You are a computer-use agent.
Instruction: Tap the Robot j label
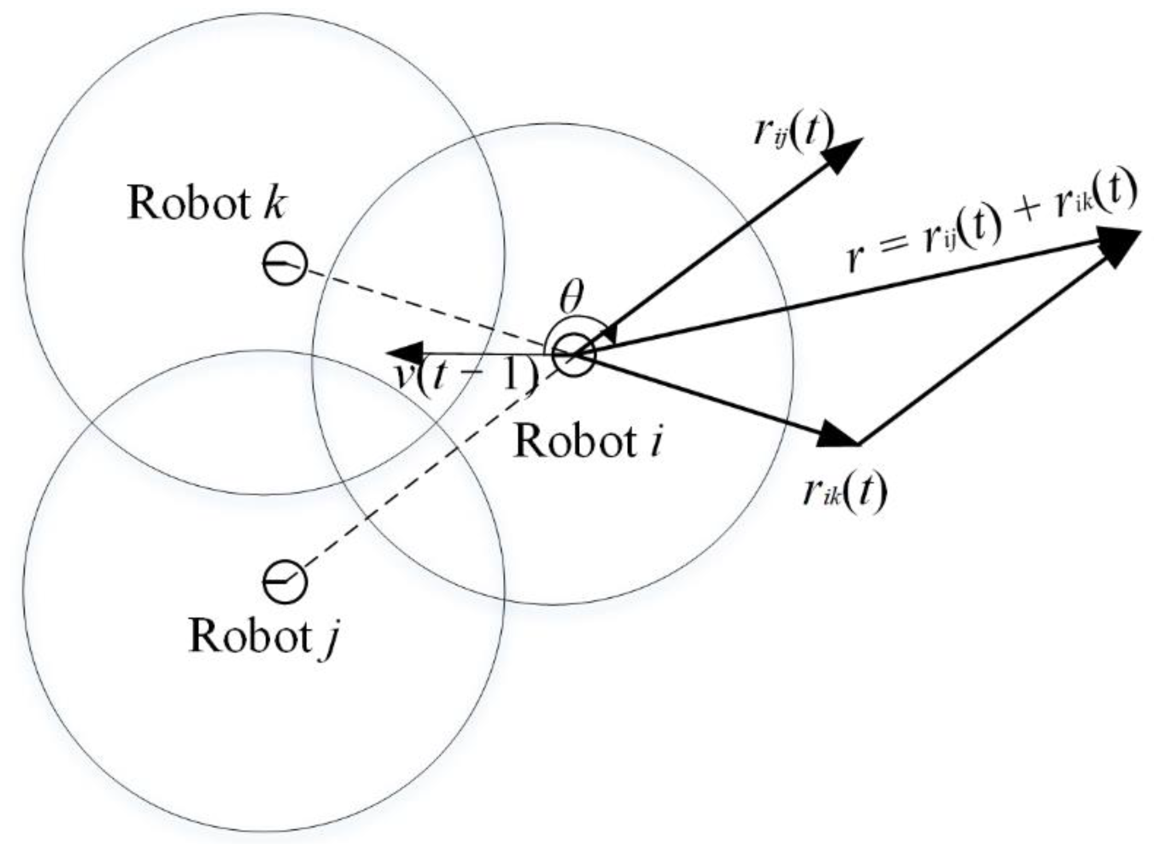pos(264,637)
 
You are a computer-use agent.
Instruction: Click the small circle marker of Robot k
pos(285,264)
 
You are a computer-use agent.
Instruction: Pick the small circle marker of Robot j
pos(285,582)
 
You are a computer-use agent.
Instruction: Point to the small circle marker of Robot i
pos(574,354)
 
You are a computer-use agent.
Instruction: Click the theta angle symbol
pos(571,298)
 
